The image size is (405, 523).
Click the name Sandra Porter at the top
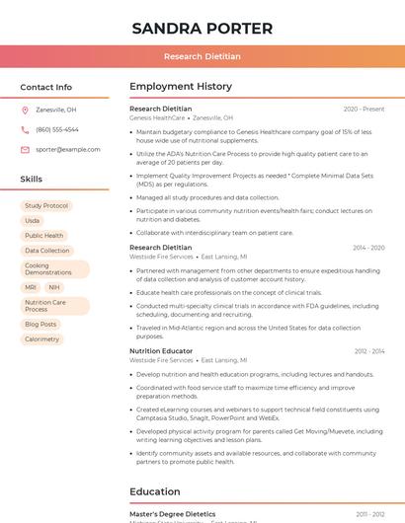(x=202, y=28)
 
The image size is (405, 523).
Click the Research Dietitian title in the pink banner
(x=202, y=57)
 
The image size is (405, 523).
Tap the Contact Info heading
(x=46, y=87)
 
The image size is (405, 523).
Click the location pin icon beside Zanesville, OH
(x=25, y=111)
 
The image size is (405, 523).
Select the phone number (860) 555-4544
(x=57, y=130)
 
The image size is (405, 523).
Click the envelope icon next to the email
(x=25, y=150)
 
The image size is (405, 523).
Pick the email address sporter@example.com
(x=68, y=150)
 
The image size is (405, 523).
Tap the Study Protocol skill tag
(x=46, y=206)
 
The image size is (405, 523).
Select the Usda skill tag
(x=33, y=221)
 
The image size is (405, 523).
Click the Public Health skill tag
(x=44, y=236)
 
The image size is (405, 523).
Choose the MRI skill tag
(x=31, y=287)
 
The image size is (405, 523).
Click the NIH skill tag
(x=53, y=287)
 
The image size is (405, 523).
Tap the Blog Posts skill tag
(x=40, y=324)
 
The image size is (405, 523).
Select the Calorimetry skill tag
(x=42, y=339)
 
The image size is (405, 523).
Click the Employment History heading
(x=181, y=87)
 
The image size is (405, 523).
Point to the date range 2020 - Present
(x=364, y=110)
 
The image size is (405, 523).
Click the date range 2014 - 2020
(x=368, y=248)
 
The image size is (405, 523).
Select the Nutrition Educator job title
(x=161, y=351)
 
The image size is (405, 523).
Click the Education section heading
(x=155, y=491)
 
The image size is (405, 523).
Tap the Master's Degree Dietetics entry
(x=173, y=514)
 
